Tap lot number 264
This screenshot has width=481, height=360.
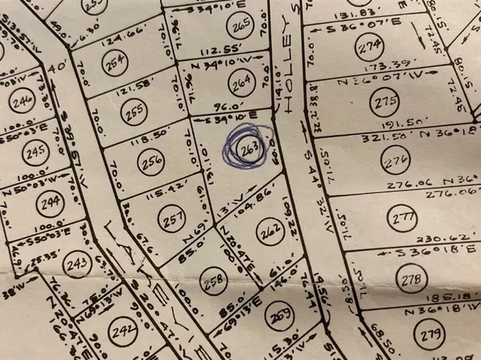(x=240, y=82)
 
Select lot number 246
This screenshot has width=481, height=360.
(x=23, y=101)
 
